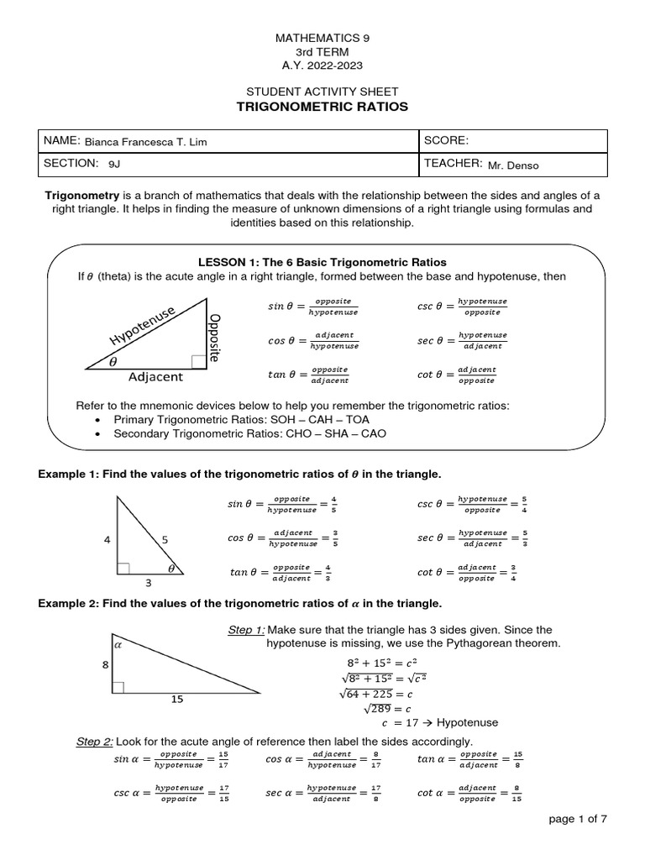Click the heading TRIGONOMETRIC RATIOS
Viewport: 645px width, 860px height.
pyautogui.click(x=322, y=107)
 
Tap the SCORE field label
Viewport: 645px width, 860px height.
pyautogui.click(x=448, y=140)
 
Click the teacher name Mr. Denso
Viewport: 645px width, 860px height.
pyautogui.click(x=513, y=165)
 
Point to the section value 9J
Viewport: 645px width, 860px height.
pyautogui.click(x=114, y=165)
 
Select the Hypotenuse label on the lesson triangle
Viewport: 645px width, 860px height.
pyautogui.click(x=141, y=325)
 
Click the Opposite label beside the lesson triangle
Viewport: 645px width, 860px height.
pyautogui.click(x=214, y=338)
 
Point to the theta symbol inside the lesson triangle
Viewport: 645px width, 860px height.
pyautogui.click(x=114, y=361)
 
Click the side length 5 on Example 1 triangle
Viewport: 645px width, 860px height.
pyautogui.click(x=165, y=540)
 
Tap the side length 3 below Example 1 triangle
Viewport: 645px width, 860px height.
pyautogui.click(x=149, y=583)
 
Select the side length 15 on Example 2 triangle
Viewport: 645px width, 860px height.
pyautogui.click(x=177, y=698)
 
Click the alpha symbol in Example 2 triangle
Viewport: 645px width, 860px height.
pyautogui.click(x=118, y=645)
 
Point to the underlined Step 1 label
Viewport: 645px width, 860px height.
pyautogui.click(x=246, y=630)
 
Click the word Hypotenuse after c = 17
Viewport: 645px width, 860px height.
pyautogui.click(x=468, y=722)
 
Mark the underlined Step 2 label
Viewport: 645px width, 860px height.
pyautogui.click(x=94, y=741)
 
